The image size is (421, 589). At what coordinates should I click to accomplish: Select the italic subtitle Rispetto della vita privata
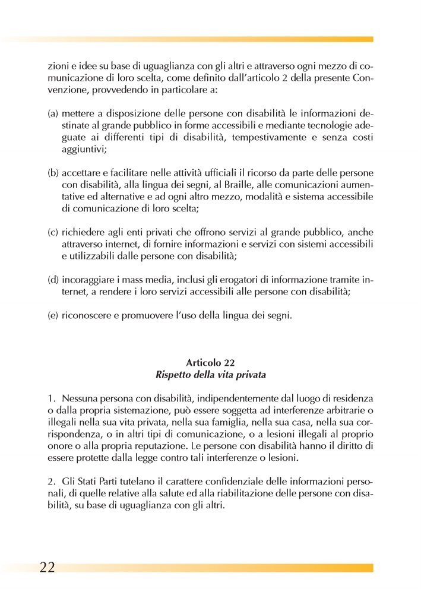click(x=210, y=375)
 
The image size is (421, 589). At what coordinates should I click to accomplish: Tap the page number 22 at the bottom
click(x=48, y=566)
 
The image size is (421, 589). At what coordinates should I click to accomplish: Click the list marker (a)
click(x=53, y=112)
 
